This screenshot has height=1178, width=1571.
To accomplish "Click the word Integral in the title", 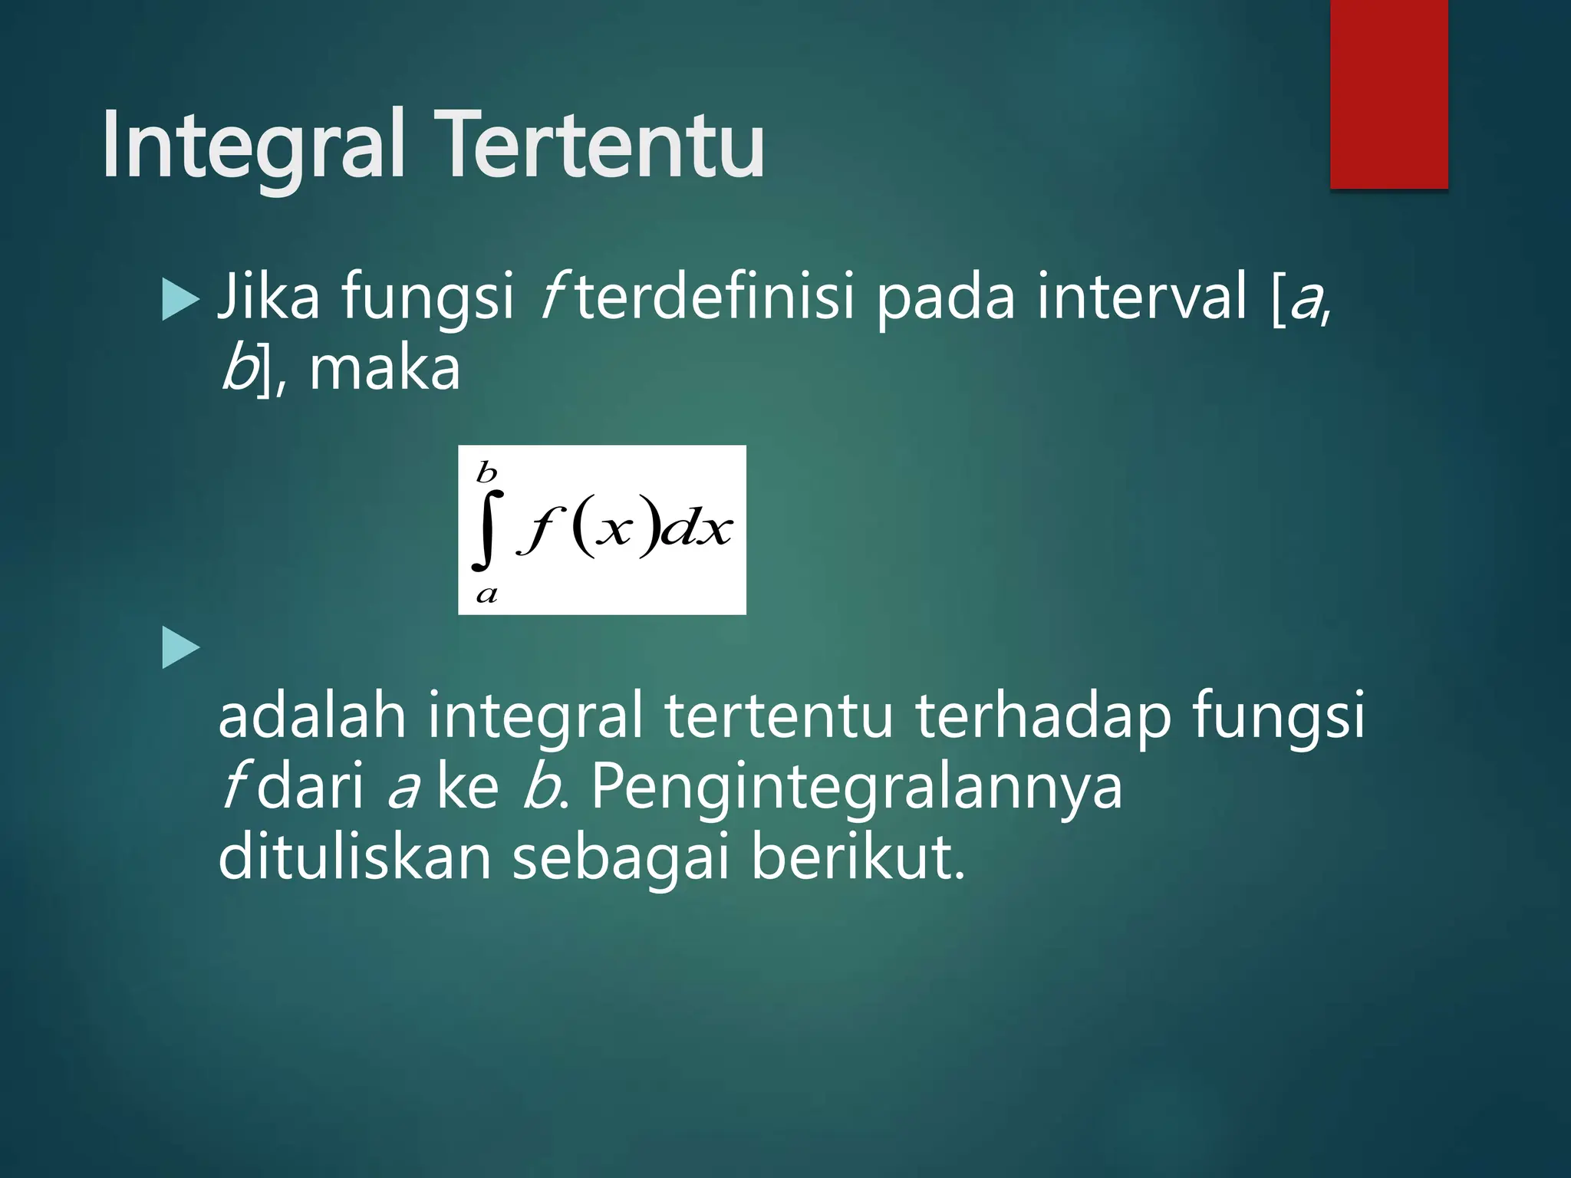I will [x=253, y=146].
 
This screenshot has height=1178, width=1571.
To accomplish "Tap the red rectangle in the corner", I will [x=1388, y=94].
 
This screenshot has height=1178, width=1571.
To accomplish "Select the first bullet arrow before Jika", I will [x=181, y=299].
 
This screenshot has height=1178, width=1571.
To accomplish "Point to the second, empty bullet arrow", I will [x=181, y=648].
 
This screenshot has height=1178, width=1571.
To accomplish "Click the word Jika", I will [x=268, y=297].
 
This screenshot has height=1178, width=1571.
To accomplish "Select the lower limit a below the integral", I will [x=486, y=594].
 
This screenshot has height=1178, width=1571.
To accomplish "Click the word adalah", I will [x=311, y=715].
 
